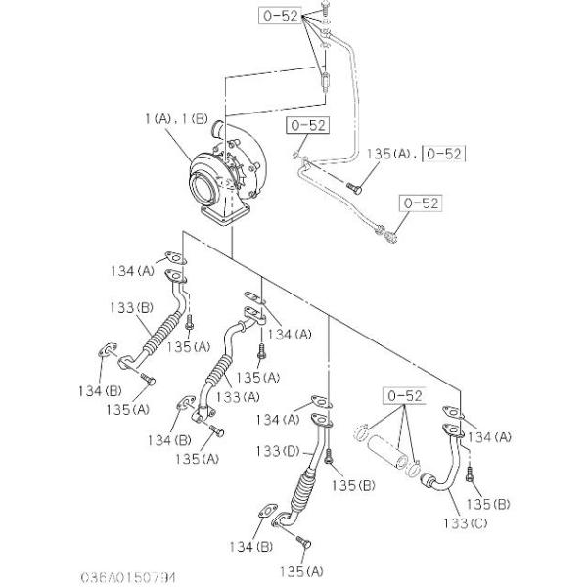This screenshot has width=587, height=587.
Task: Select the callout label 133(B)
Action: coord(129,307)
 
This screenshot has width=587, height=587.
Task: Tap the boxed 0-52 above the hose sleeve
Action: coord(403,396)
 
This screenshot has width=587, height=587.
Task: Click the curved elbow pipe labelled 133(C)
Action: coord(445,470)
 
